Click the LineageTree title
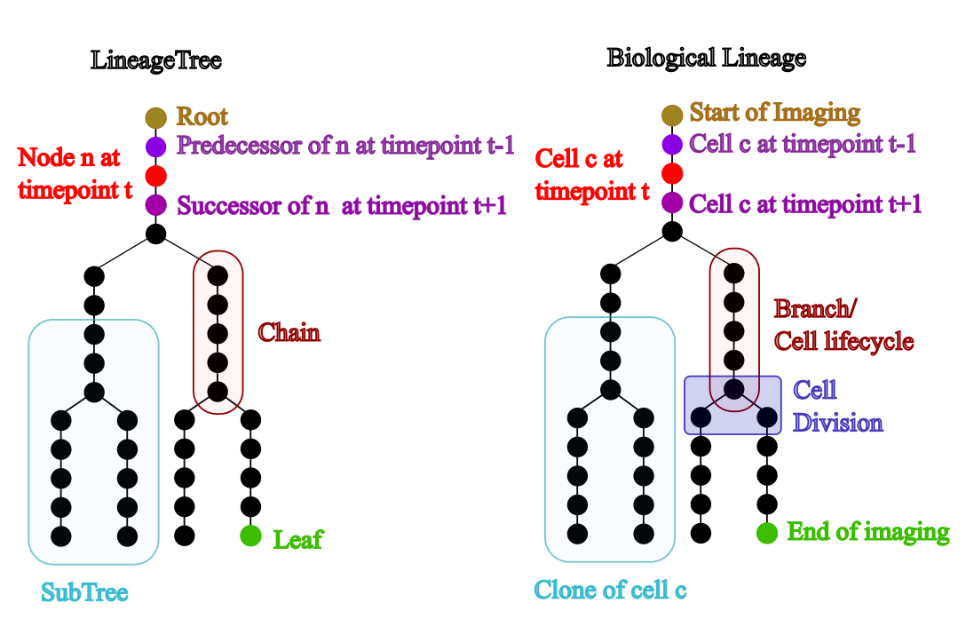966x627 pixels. [x=156, y=61]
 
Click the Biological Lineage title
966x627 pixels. [x=706, y=59]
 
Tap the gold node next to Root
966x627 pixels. [x=156, y=117]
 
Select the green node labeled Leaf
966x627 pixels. [x=250, y=536]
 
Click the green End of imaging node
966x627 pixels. [x=767, y=533]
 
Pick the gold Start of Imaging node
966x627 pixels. [x=672, y=114]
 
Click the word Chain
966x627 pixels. [x=289, y=333]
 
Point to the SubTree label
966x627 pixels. [x=84, y=592]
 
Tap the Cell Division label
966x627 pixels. [x=837, y=406]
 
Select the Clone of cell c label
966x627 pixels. [x=610, y=590]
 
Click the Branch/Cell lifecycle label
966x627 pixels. [x=843, y=325]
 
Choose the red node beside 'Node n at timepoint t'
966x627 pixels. [x=156, y=176]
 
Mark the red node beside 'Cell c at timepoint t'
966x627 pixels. [x=672, y=172]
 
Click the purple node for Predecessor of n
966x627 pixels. [x=156, y=147]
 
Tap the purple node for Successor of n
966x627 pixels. [x=156, y=205]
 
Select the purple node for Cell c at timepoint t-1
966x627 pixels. [x=672, y=143]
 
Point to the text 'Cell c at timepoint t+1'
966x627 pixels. [x=805, y=204]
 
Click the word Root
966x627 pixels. [x=202, y=117]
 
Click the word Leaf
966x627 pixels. [x=297, y=539]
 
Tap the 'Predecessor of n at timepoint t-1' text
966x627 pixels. [x=345, y=146]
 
